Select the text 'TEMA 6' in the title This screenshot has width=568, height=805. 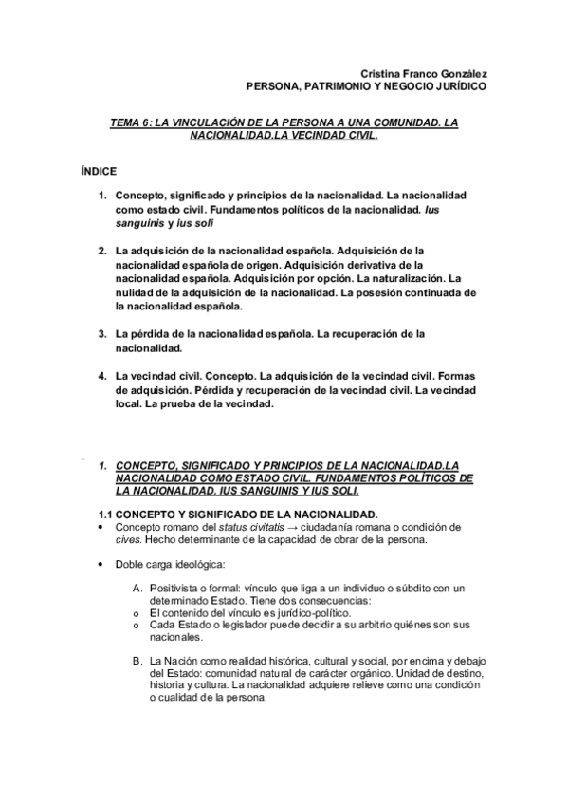[130, 123]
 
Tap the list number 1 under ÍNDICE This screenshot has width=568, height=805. [102, 195]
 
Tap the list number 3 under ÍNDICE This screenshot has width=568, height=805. [102, 334]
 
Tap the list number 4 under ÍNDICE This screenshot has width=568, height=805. [102, 376]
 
